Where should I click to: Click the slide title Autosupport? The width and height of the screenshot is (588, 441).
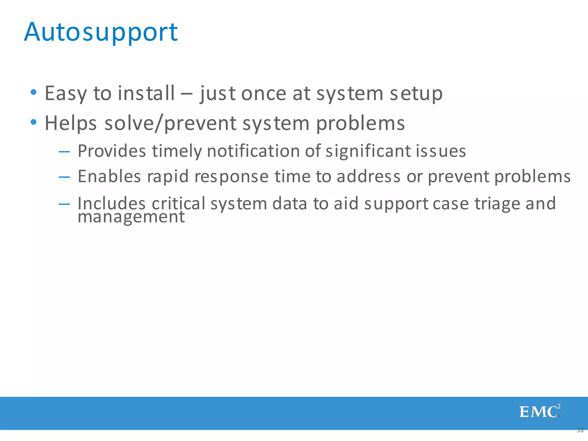[101, 32]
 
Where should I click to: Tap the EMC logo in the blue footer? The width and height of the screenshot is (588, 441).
[539, 411]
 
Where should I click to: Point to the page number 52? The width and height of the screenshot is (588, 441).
[580, 430]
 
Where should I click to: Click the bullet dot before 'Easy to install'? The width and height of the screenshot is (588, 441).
[34, 92]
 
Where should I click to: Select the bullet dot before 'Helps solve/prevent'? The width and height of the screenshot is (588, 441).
[34, 122]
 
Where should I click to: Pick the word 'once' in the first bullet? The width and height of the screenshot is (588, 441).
[264, 94]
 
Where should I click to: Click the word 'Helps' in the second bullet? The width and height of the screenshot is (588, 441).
[71, 123]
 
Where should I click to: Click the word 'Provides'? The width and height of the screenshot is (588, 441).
[112, 151]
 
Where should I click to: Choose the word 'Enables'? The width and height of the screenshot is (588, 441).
[109, 176]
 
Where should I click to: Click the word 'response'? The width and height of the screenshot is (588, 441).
[231, 176]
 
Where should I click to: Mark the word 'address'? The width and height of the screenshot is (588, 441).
[368, 176]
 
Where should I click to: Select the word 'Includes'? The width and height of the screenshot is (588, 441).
[111, 203]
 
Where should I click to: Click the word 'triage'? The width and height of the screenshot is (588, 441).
[497, 203]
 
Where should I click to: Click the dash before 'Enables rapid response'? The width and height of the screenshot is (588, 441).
[64, 177]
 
